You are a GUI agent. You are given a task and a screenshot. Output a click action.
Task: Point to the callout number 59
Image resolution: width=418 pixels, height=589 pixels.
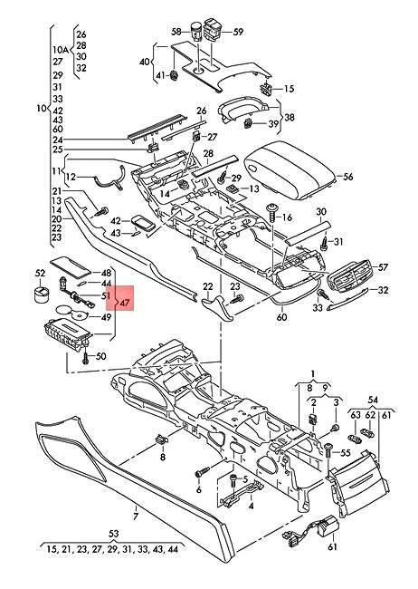coord(239,32)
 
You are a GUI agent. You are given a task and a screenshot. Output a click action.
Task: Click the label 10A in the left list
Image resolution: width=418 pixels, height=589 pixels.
coord(60,49)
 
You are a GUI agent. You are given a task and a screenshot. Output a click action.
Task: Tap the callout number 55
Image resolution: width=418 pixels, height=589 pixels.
coord(345,450)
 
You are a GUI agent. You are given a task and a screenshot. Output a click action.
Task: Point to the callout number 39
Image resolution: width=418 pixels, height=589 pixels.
coord(272,123)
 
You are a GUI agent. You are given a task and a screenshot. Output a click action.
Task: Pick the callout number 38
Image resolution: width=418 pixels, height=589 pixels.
coord(289,117)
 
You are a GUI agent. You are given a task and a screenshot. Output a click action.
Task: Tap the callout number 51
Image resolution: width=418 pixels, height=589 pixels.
coord(106,295)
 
